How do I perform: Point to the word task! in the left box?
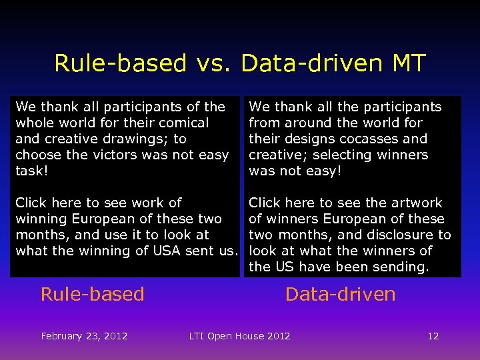[31, 171]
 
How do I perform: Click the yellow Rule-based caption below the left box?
[92, 294]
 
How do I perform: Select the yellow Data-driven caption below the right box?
[340, 294]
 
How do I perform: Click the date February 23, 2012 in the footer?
[84, 336]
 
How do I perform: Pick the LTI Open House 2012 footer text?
[240, 336]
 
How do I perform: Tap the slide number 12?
[433, 336]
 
